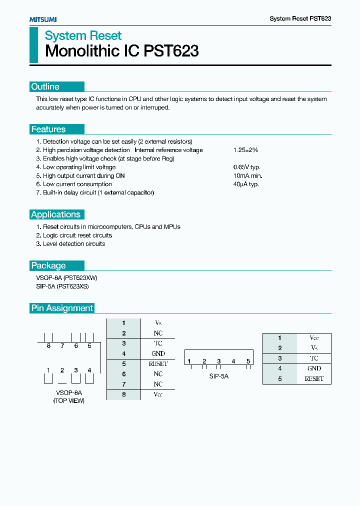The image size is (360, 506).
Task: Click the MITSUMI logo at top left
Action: click(x=43, y=19)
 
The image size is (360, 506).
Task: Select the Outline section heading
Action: click(x=45, y=87)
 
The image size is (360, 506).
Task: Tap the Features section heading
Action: click(x=48, y=129)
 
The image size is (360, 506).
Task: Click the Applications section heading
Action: click(x=55, y=214)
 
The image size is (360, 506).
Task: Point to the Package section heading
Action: click(x=48, y=265)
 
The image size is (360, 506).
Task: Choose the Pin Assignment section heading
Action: click(x=62, y=308)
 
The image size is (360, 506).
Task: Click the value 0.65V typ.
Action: click(x=246, y=167)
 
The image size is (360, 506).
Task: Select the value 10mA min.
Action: click(x=247, y=175)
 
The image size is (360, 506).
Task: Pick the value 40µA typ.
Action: click(x=245, y=184)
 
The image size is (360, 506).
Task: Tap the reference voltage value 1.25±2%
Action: click(x=245, y=150)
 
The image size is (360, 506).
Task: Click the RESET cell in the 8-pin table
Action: click(x=158, y=364)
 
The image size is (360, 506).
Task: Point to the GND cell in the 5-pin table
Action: click(x=314, y=368)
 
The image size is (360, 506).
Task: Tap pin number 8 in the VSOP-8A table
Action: click(x=123, y=394)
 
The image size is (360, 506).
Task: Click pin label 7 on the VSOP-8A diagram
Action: click(x=62, y=345)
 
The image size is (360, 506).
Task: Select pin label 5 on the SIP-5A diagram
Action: click(x=248, y=361)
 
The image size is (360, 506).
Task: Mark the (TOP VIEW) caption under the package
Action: click(x=69, y=401)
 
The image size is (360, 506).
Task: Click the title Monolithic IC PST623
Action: click(x=122, y=51)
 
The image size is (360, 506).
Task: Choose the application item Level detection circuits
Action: click(x=70, y=243)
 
